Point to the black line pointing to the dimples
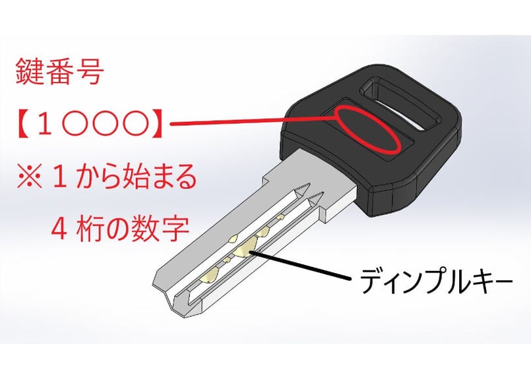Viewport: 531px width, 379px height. tap(303, 264)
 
